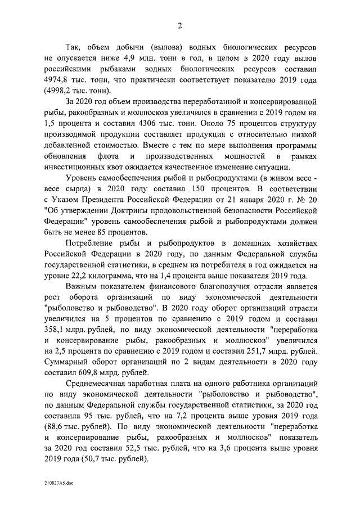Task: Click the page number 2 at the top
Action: (179, 25)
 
